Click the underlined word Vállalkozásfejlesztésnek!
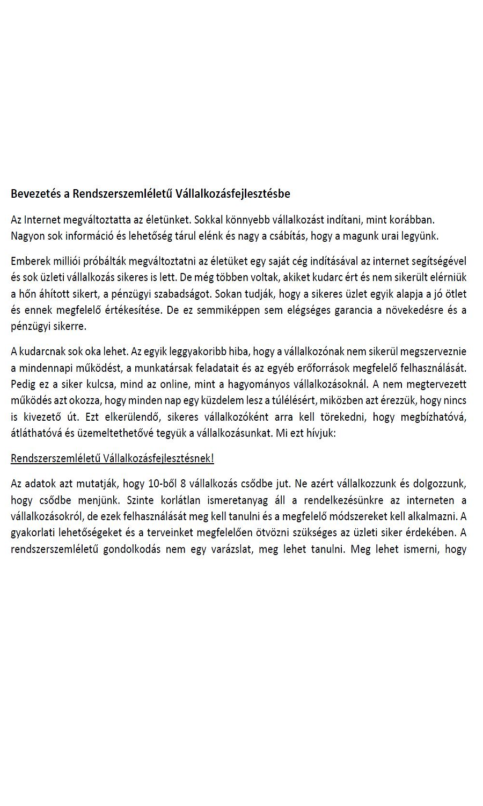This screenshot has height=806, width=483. pos(158,458)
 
